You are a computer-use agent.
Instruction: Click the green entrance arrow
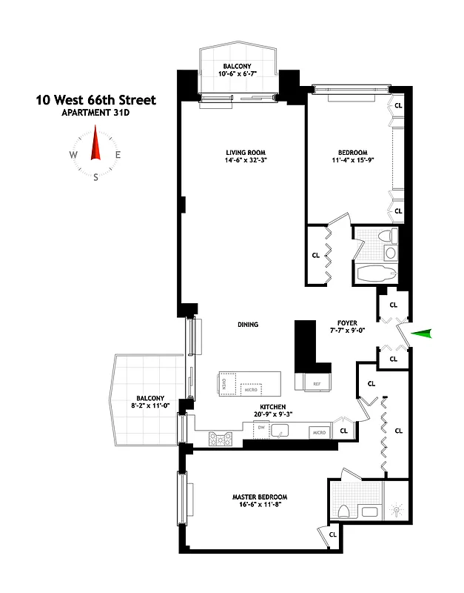(421, 334)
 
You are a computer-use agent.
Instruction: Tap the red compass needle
(95, 144)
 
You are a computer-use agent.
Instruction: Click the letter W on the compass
(73, 155)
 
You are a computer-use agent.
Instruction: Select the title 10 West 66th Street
(96, 100)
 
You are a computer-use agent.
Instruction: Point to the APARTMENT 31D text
(96, 113)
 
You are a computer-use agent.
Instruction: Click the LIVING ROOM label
(246, 153)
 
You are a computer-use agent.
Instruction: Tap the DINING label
(248, 324)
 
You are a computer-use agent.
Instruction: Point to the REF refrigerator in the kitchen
(316, 384)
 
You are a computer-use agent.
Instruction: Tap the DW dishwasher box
(260, 427)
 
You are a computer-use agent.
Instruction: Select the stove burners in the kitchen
(221, 438)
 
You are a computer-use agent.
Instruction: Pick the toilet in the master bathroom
(343, 512)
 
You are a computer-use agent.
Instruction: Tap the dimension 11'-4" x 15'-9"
(358, 161)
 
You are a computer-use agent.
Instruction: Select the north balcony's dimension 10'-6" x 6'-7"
(238, 73)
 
